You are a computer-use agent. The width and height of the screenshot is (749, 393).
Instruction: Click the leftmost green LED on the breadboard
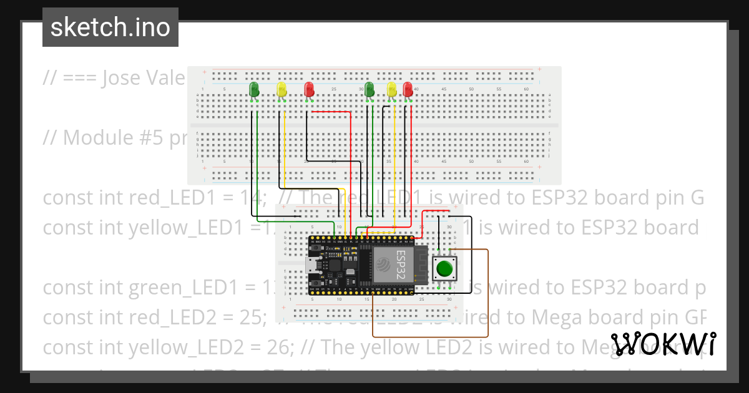tap(254, 90)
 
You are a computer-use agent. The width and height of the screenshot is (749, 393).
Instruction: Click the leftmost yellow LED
tap(281, 90)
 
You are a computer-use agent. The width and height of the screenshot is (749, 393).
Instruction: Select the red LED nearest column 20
tap(309, 90)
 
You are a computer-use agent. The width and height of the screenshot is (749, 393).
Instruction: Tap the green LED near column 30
tap(370, 90)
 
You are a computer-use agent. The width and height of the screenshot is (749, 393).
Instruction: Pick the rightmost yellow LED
tap(392, 90)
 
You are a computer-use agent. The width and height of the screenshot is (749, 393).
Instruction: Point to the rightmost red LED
tap(408, 90)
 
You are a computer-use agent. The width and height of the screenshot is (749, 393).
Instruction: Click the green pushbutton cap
tap(444, 268)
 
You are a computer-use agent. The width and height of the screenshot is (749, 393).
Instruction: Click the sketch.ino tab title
tap(110, 27)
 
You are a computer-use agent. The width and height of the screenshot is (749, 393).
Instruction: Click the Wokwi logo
tap(663, 344)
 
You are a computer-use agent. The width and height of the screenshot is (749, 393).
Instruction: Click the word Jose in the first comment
tap(121, 78)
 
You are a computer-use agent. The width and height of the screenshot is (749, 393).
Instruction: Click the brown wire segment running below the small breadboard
tap(431, 336)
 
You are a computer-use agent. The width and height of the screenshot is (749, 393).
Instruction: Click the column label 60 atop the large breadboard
tap(526, 90)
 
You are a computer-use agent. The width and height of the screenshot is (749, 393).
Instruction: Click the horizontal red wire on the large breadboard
tap(331, 112)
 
